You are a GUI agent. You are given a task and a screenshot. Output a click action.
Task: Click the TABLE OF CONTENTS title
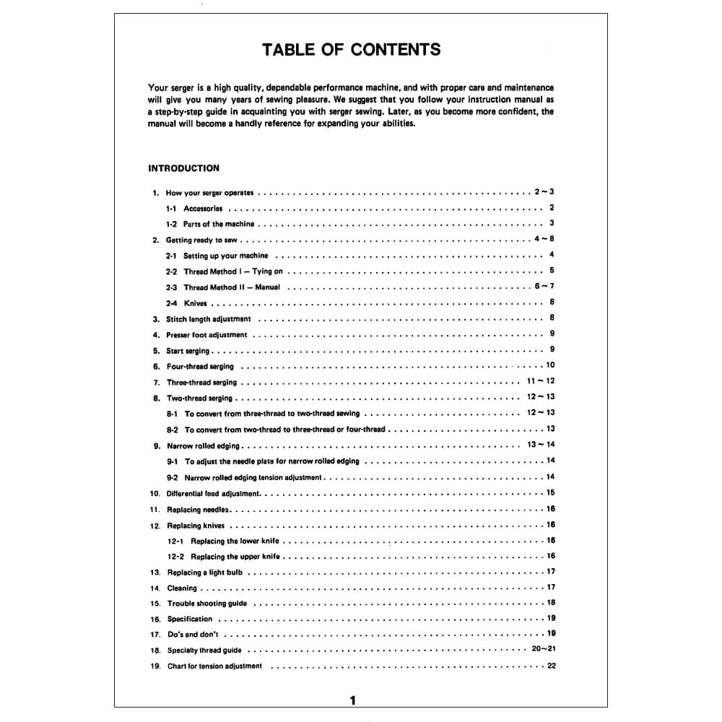coord(351,50)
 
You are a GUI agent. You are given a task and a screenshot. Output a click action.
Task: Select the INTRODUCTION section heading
coord(183,168)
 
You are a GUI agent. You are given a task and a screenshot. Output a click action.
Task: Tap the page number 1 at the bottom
coord(352,700)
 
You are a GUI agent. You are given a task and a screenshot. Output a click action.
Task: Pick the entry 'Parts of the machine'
coord(218,224)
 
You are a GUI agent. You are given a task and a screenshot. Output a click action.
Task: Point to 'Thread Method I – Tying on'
coord(232,271)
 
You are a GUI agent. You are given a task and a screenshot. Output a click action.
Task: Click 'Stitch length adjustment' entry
coord(209,319)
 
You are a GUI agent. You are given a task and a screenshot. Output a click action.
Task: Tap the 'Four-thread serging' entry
coord(200,366)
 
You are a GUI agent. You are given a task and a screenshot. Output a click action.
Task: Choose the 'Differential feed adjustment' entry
coord(214,493)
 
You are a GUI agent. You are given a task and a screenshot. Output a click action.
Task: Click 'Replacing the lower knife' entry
coord(235,541)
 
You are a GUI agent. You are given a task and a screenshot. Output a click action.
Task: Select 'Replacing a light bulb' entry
coord(205,573)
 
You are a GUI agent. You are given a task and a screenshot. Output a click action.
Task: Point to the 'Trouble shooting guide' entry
coord(206,604)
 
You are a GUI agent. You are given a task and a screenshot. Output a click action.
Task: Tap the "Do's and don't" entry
coord(193,635)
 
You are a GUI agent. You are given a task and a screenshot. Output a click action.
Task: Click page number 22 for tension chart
coord(552,666)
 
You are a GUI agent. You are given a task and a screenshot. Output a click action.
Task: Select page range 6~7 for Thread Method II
coord(544,287)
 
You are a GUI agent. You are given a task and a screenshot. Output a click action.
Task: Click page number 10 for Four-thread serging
coord(550,365)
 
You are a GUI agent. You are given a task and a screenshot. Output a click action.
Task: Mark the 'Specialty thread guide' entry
coord(204,651)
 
